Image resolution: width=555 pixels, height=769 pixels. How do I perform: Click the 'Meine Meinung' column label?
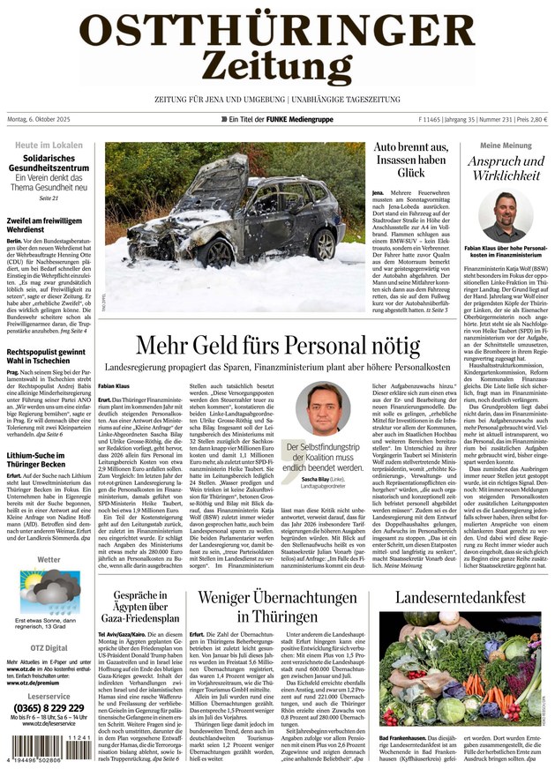[x=506, y=145]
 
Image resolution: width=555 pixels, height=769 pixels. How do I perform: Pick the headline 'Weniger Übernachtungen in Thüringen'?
[x=277, y=606]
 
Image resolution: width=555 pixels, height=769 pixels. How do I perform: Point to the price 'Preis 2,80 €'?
[x=529, y=119]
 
